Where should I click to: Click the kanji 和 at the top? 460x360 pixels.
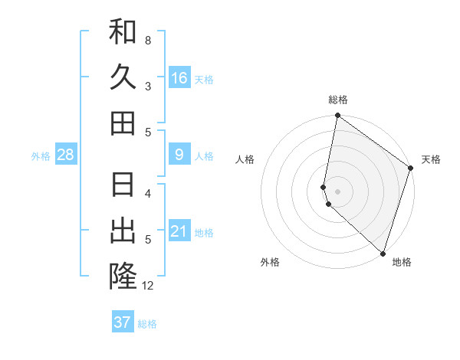[x=123, y=32]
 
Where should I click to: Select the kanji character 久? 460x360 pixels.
[x=123, y=77]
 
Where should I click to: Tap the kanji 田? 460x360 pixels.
[x=123, y=123]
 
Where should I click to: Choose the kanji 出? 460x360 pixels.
[x=123, y=231]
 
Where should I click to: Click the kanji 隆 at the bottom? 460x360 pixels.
[x=123, y=277]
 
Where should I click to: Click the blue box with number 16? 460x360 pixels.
[x=179, y=78]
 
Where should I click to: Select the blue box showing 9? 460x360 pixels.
[x=179, y=155]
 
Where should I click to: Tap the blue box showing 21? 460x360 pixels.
[x=179, y=231]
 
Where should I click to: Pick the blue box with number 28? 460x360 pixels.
[x=66, y=155]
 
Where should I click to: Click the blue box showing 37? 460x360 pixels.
[x=123, y=322]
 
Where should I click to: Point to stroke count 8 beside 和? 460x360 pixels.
[x=148, y=40]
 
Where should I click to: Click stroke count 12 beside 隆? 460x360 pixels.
[x=148, y=286]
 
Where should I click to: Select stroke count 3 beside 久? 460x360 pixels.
[x=148, y=86]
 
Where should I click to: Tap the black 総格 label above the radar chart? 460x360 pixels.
[x=338, y=100]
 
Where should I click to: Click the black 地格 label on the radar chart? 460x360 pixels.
[x=402, y=262]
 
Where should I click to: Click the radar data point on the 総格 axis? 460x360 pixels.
[x=337, y=116]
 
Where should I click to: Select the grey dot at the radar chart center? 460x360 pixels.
[x=337, y=191]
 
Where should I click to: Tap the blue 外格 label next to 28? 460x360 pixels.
[x=41, y=156]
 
